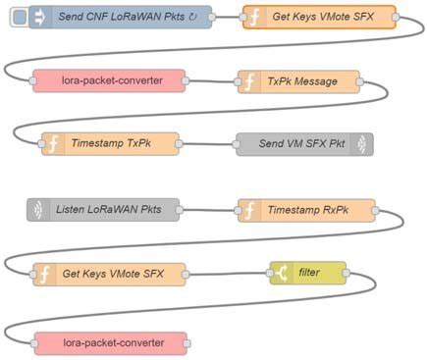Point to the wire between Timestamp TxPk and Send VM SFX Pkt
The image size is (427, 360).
(x=207, y=144)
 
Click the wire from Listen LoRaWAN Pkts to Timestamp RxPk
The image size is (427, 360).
(x=208, y=209)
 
